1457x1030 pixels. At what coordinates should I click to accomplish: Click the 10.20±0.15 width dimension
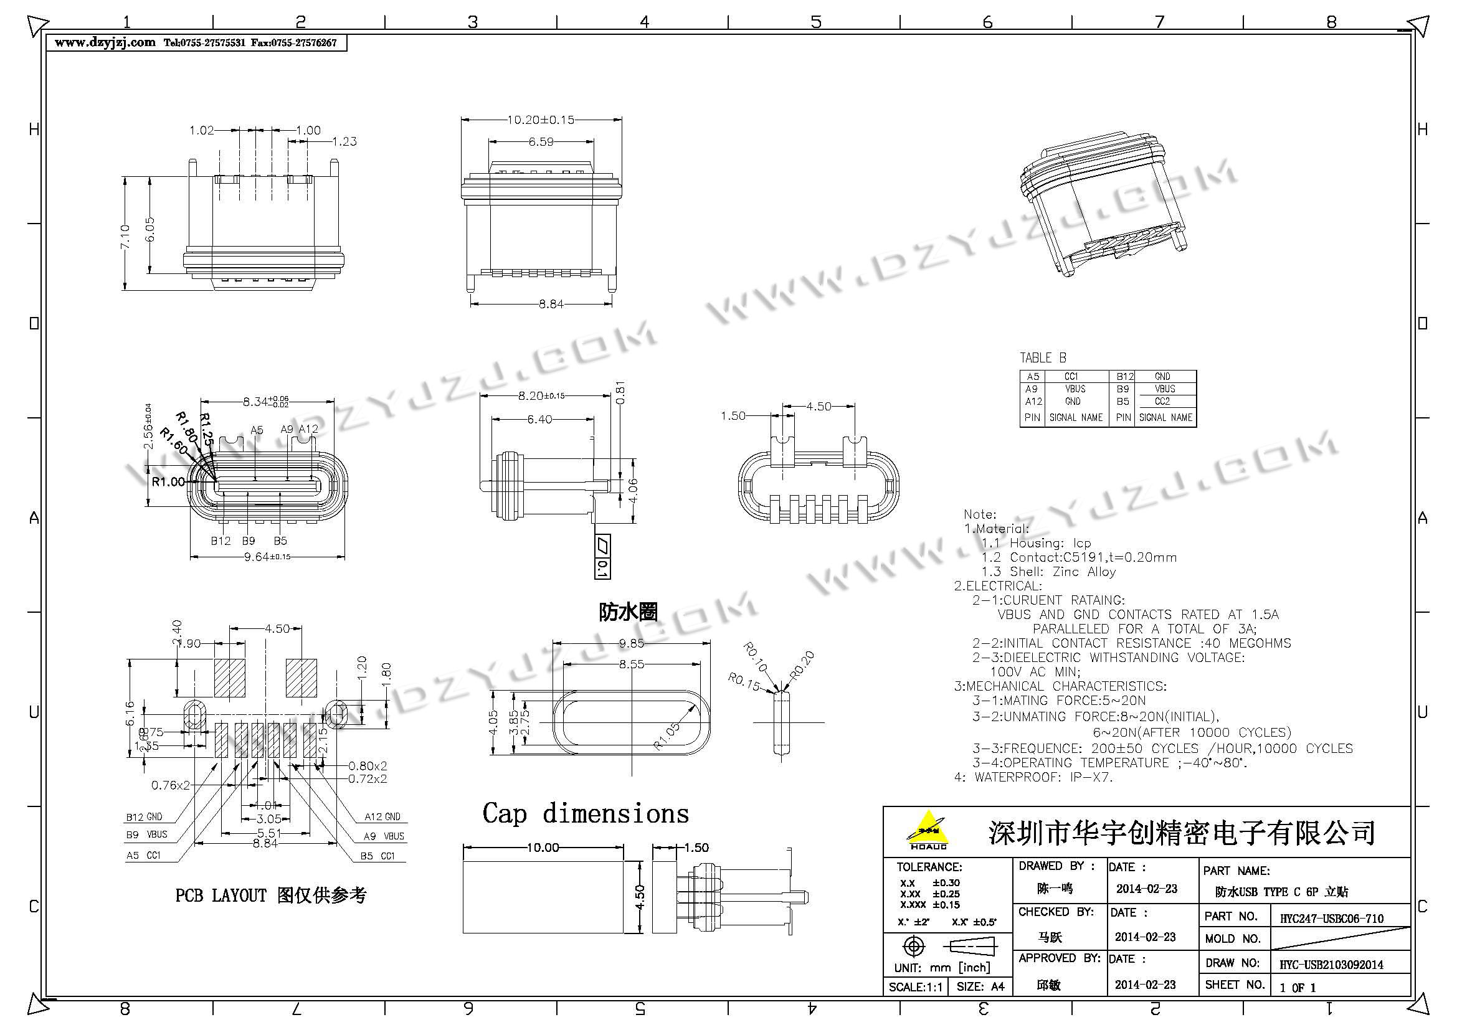(541, 120)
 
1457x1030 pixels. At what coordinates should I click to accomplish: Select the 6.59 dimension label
(541, 142)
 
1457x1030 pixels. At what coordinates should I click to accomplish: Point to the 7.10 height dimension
(125, 236)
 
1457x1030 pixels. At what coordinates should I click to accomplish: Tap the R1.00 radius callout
(168, 481)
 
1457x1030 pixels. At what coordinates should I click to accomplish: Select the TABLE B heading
(1043, 357)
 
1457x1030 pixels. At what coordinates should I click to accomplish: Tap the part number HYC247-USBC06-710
(1331, 919)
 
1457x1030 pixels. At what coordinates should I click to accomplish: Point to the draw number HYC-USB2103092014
(1331, 965)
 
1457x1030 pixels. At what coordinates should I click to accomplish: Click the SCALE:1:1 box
(915, 987)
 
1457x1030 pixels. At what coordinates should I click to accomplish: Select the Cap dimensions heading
(585, 814)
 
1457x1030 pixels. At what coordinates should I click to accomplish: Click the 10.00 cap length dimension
(543, 848)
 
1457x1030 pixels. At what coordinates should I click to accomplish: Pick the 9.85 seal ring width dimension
(632, 644)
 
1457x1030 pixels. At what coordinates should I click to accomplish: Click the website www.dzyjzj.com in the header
(105, 42)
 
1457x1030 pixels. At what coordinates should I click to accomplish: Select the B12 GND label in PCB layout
(144, 817)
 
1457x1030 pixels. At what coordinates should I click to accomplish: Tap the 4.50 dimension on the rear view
(818, 407)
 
